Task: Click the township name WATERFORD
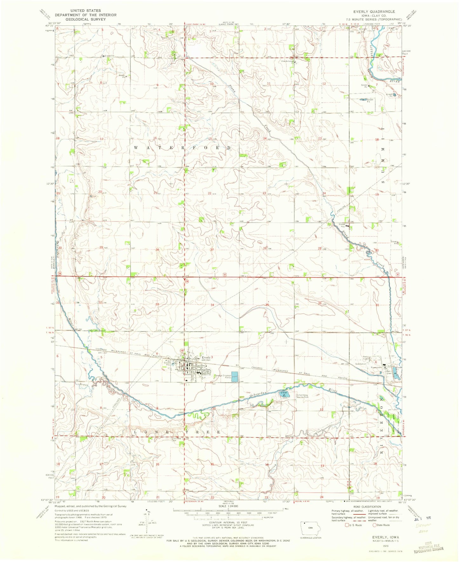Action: (x=183, y=148)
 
